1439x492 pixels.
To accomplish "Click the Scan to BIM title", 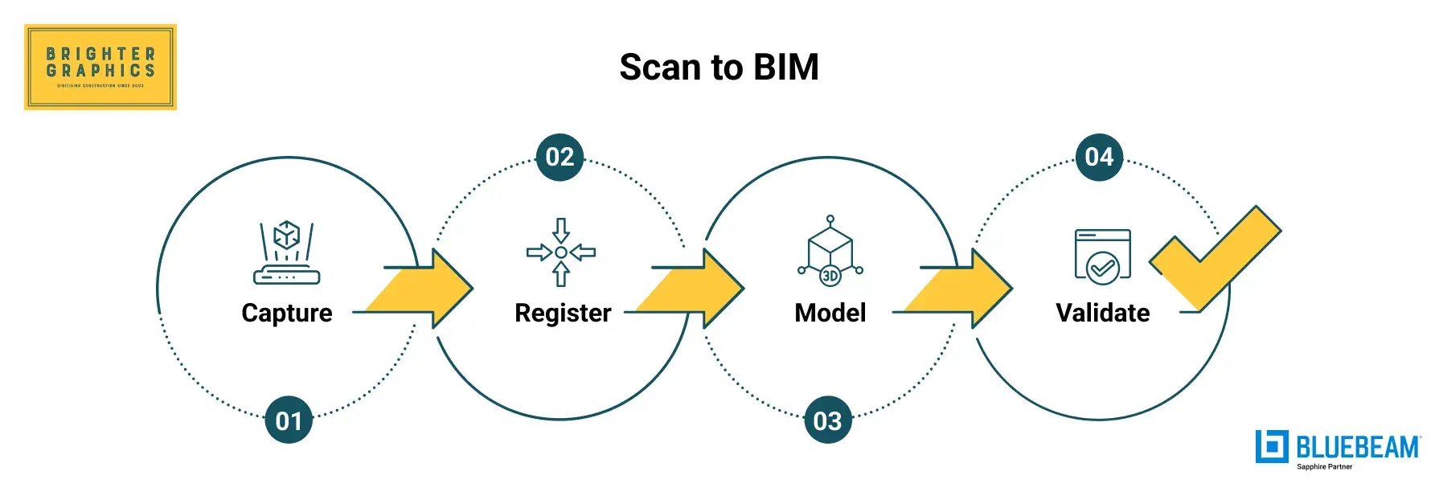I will coord(719,67).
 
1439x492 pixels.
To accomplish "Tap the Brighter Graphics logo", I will coord(100,67).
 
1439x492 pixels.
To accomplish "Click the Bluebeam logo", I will coord(1338,447).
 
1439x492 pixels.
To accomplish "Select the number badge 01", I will coord(288,420).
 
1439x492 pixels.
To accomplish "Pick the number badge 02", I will coord(560,157).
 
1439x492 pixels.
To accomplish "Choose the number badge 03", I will coord(827,420).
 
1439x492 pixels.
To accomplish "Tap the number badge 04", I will coord(1099,157).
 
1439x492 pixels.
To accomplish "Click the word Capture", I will coord(287,313).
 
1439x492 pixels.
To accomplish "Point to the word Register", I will coord(563,313).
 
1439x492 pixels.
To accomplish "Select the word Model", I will coord(830,313).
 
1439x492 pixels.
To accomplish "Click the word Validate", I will coord(1102,313).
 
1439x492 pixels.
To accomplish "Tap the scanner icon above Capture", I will coord(287,252).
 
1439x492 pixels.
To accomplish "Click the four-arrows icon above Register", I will coord(561,252).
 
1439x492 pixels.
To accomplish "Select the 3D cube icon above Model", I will coord(830,251).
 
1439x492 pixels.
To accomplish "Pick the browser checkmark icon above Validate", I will coord(1103,256).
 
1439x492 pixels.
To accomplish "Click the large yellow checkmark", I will coord(1214,257).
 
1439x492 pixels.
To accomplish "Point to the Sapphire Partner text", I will coord(1324,467).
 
